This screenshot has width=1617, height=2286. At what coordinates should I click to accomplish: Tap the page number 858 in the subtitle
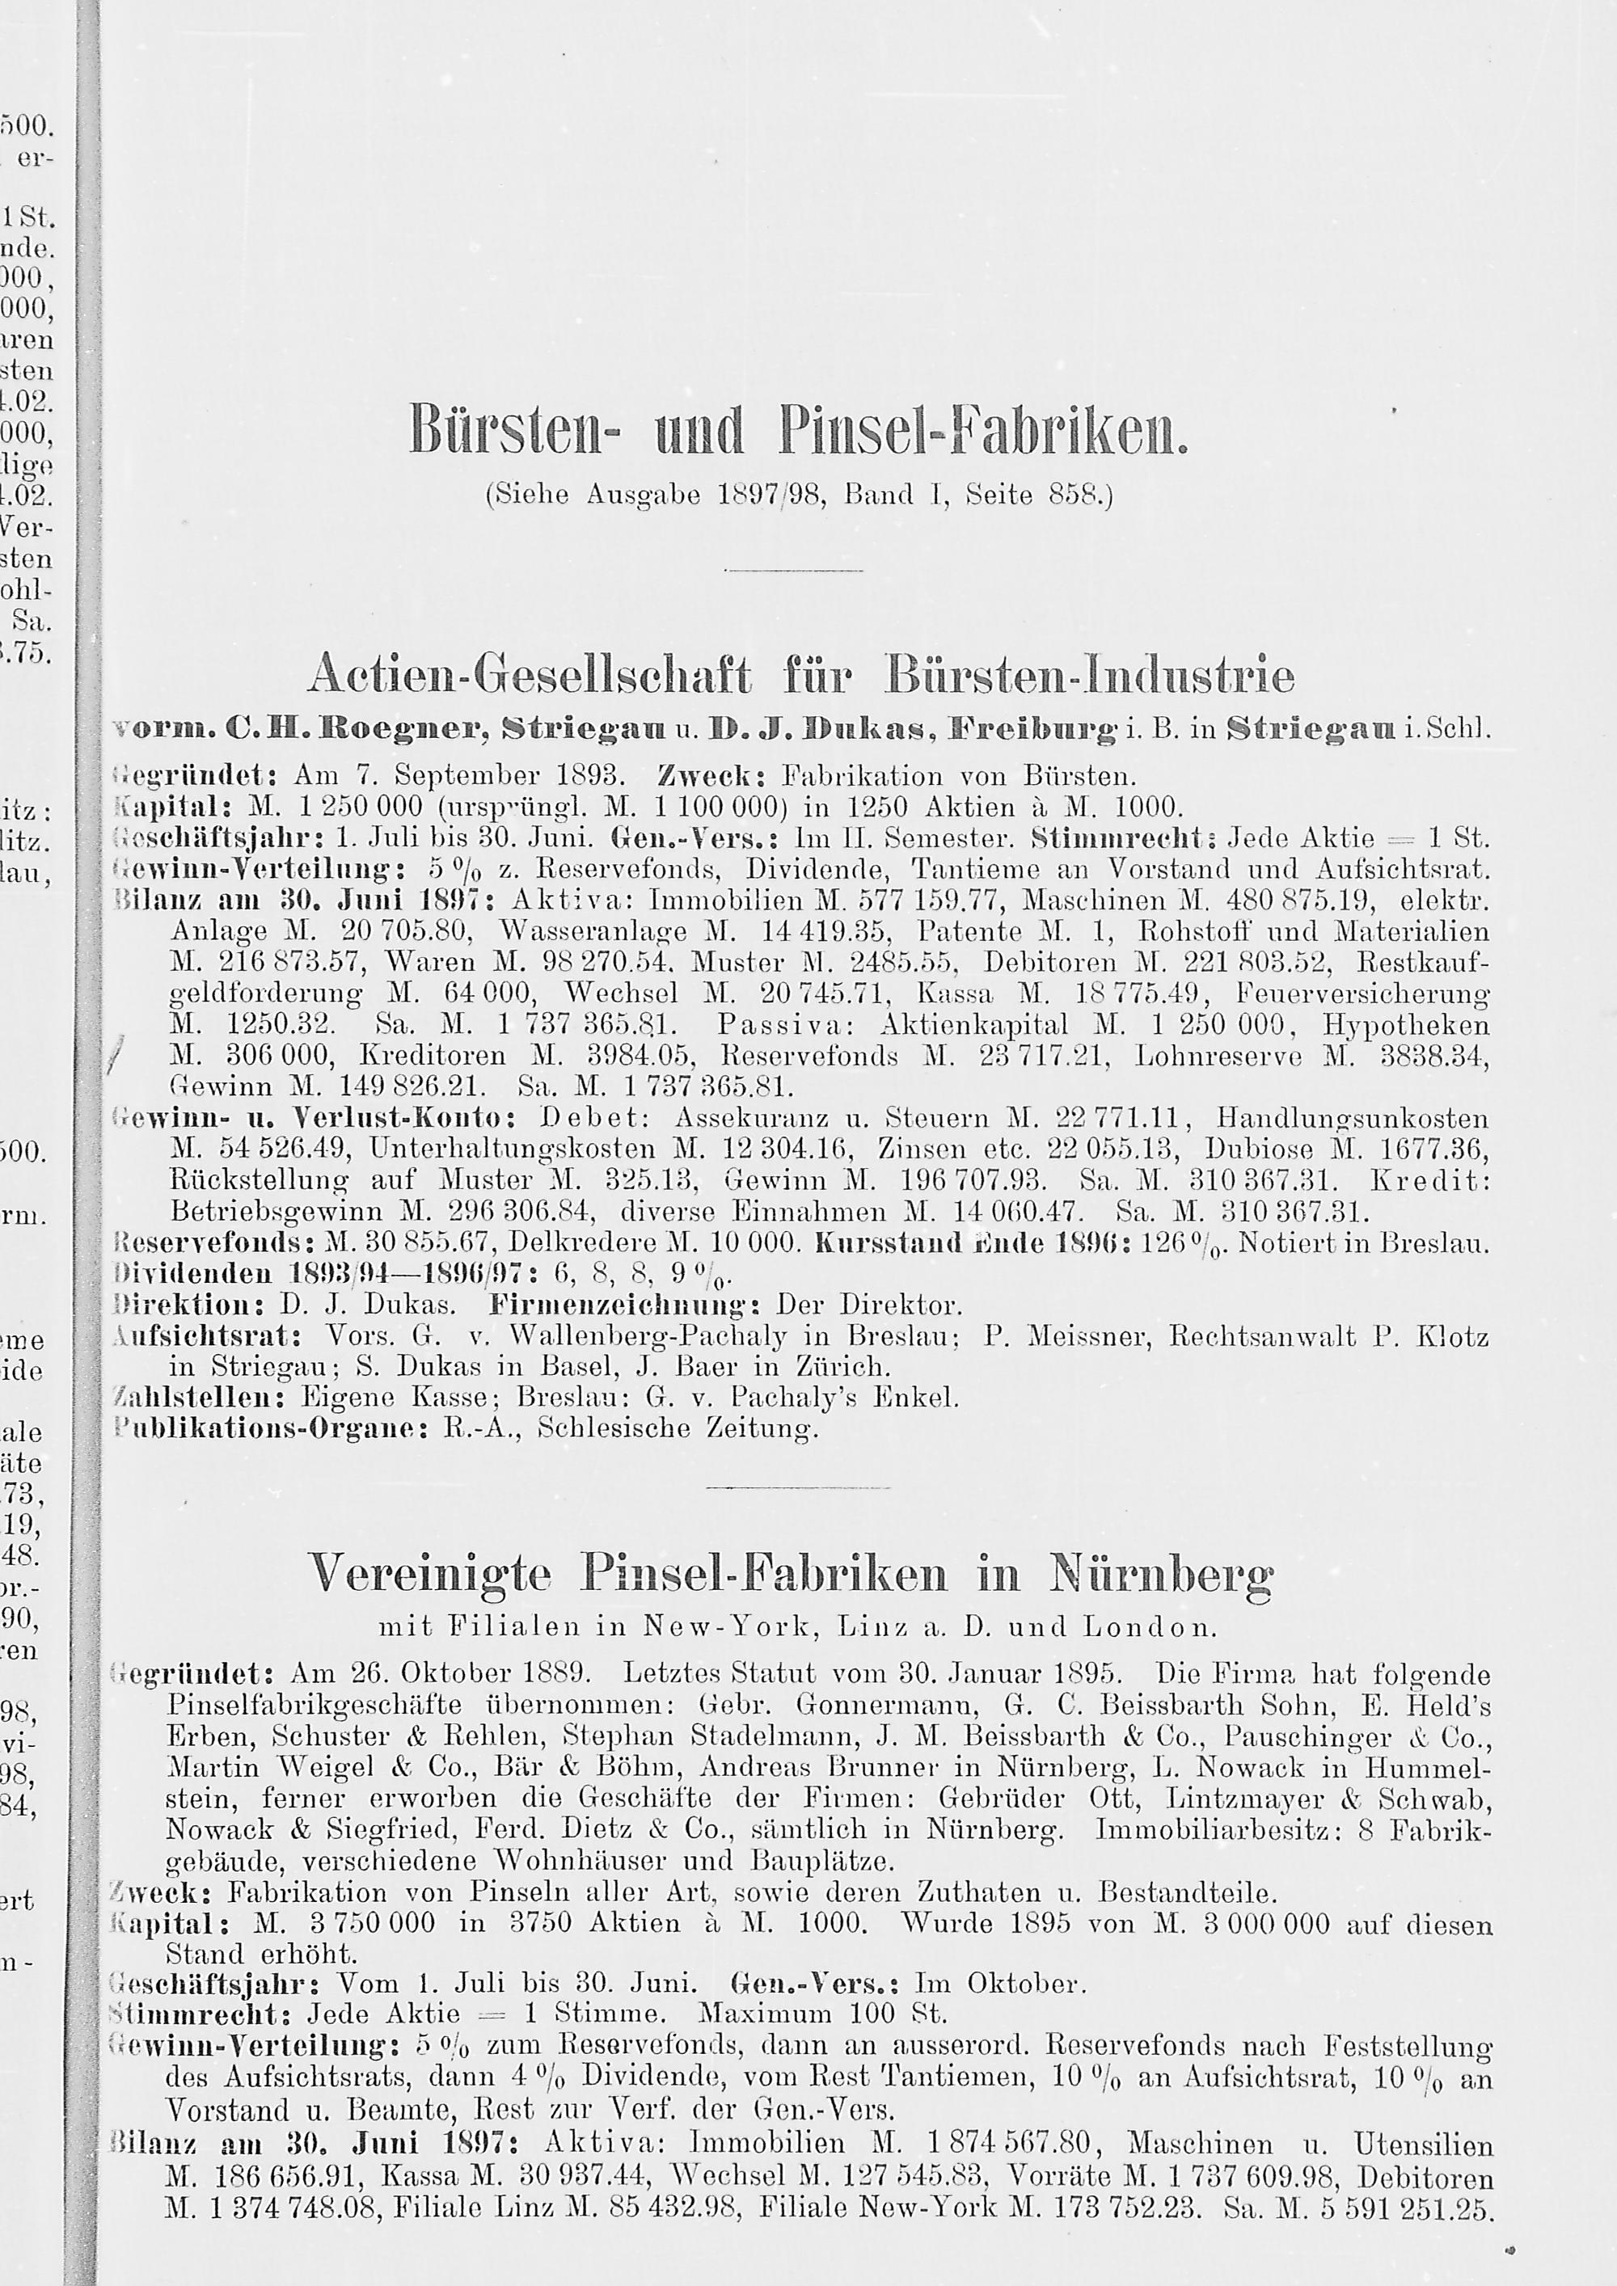click(x=1074, y=495)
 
